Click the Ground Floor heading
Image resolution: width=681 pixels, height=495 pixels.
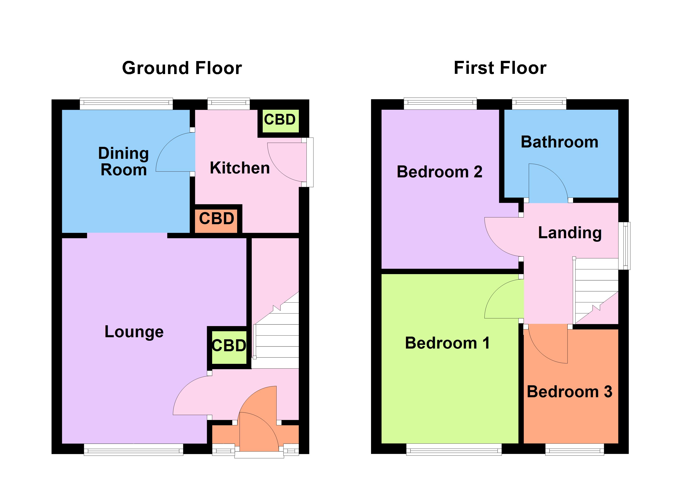pos(182,68)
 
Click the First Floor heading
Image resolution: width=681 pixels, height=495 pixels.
pos(500,68)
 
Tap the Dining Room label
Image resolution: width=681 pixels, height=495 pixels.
pos(123,161)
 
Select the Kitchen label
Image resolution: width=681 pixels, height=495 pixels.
pos(240,168)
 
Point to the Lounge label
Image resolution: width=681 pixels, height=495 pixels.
pos(134,332)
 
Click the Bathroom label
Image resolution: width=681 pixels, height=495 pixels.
pos(559,142)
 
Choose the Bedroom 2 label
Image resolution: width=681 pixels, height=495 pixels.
pos(439,172)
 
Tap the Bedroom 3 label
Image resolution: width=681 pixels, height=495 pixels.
pos(569,392)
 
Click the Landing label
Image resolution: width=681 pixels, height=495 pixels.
pos(570,233)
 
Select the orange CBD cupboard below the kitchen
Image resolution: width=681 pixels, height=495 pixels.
pos(216,219)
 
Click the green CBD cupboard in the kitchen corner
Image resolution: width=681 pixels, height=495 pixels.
pos(280,120)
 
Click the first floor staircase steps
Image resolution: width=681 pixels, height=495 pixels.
pos(596,288)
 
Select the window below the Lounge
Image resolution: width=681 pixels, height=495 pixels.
pos(133,450)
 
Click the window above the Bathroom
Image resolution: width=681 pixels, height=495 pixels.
pos(539,104)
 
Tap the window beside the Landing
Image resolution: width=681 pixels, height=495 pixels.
pos(624,246)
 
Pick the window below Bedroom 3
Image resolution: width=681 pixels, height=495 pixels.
pos(574,450)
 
